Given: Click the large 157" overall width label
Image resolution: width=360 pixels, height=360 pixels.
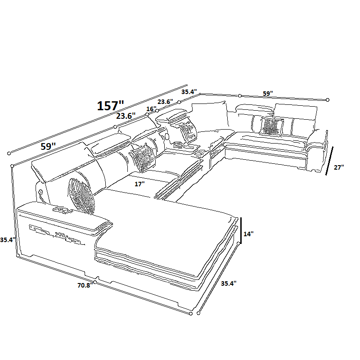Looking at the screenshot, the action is coord(110,106).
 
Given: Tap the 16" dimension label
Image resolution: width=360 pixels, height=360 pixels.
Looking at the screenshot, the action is coord(151,109).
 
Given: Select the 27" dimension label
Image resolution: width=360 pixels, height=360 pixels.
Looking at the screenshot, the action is coord(339,167).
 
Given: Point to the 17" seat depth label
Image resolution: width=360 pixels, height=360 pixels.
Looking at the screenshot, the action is coord(139,184).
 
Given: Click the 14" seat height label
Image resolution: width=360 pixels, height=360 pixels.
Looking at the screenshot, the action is coord(248,234).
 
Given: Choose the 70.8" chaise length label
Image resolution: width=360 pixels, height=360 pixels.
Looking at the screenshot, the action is coord(85,285).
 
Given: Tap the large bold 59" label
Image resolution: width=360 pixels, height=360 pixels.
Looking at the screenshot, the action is coord(48,146).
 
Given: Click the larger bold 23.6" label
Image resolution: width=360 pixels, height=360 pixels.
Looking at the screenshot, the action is coord(126,116).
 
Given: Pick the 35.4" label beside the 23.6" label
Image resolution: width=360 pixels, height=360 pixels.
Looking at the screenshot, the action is coord(189,92).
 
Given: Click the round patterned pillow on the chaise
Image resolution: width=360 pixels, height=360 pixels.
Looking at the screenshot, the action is coord(81,196).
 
